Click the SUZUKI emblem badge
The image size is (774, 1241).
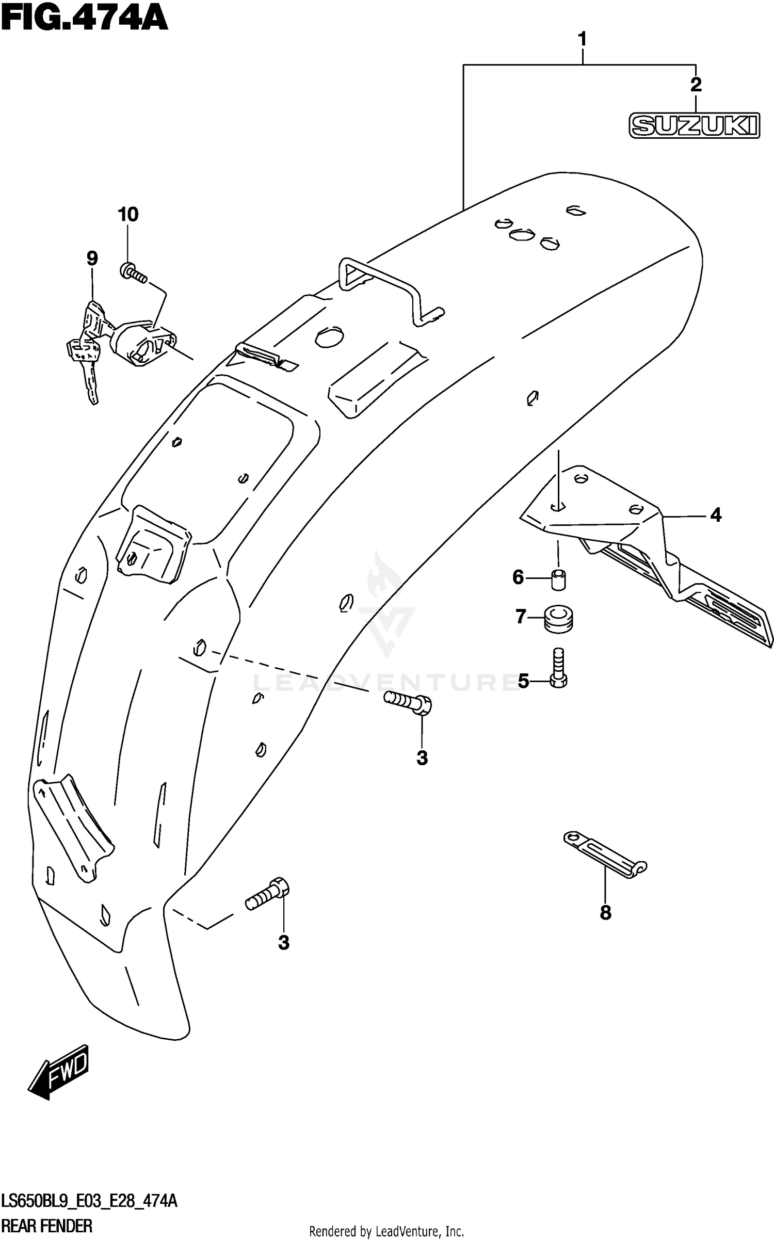[694, 125]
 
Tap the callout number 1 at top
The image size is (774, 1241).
[582, 39]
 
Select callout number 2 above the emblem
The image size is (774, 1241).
[696, 85]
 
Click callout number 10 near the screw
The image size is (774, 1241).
[128, 214]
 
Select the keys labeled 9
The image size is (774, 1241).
[88, 346]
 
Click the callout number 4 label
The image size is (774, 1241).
[715, 514]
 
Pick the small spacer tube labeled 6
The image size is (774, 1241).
[558, 579]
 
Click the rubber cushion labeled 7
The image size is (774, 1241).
[559, 618]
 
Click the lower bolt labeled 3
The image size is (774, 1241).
[267, 894]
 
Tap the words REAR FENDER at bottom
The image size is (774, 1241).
[47, 1227]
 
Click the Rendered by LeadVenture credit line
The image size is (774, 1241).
[386, 1231]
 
